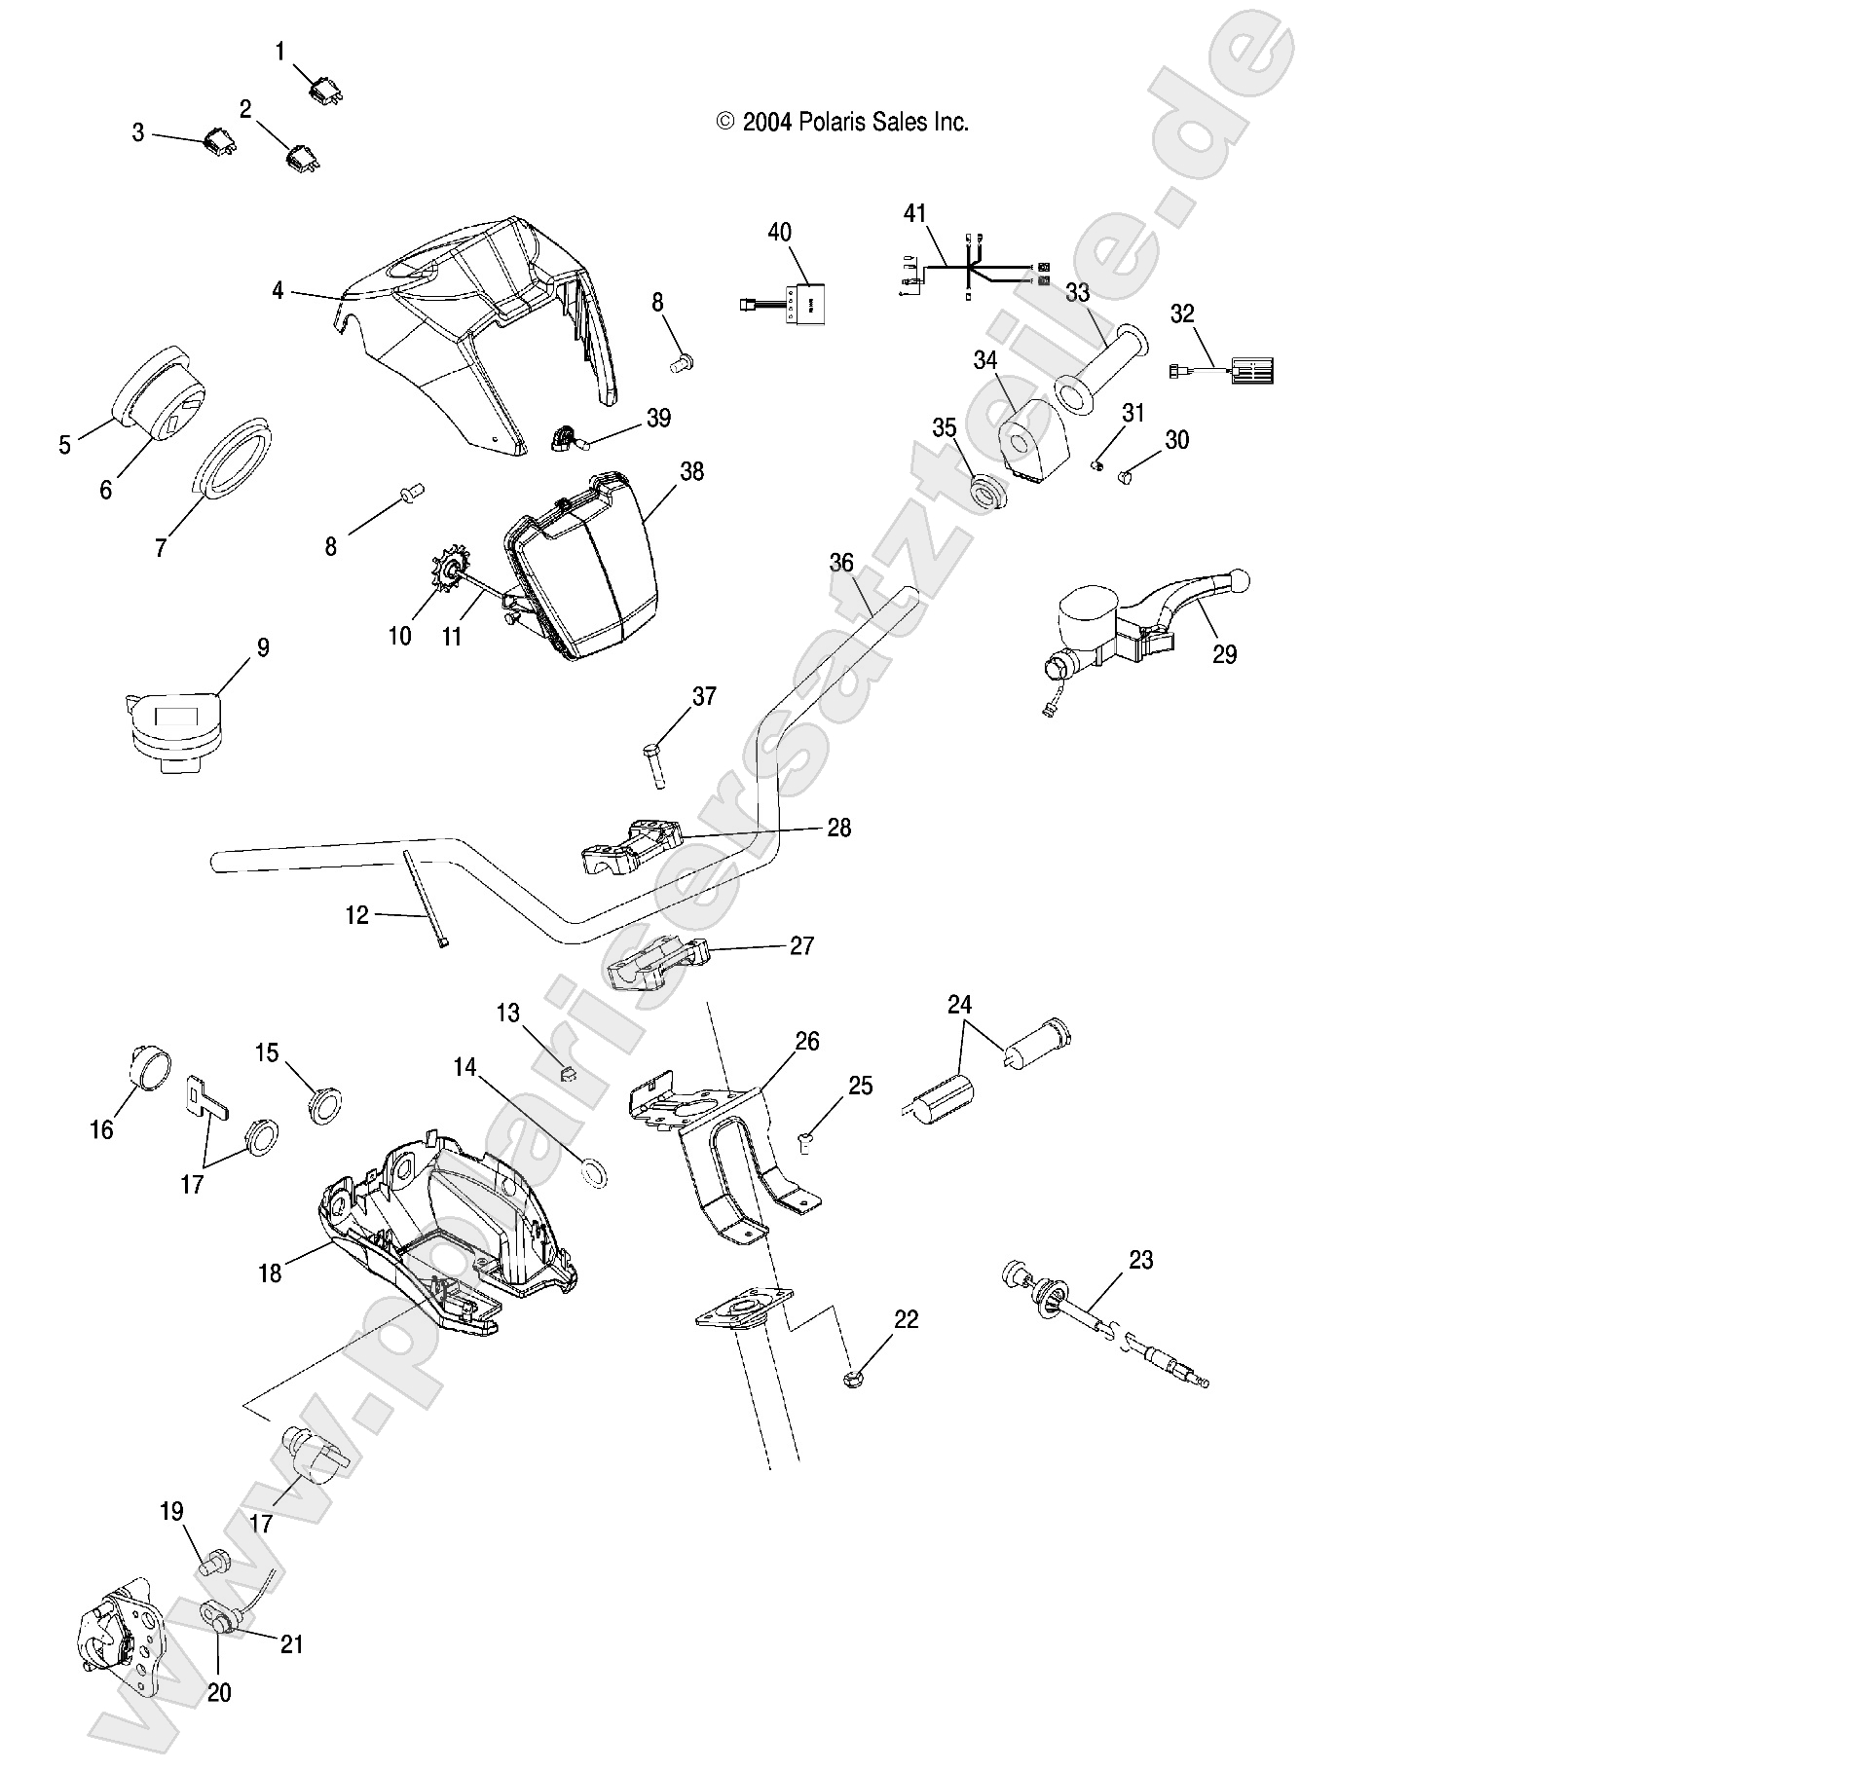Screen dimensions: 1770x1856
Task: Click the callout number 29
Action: tap(1224, 654)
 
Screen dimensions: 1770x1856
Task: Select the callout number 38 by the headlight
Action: tap(691, 471)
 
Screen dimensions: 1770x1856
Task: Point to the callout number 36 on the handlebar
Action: tap(841, 563)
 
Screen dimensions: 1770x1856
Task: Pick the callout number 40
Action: tap(779, 232)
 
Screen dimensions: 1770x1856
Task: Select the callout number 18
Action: tap(270, 1272)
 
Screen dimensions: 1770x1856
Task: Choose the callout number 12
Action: tap(357, 915)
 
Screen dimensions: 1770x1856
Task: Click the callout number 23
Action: tap(1140, 1260)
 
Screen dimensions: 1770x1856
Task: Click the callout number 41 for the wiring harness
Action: tap(915, 213)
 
